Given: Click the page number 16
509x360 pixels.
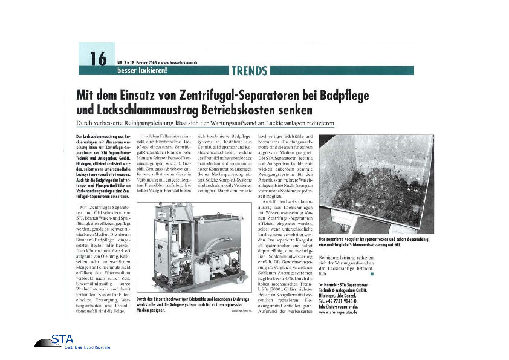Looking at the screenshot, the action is coord(97,59).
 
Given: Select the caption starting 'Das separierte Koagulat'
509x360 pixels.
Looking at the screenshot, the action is coord(375,241).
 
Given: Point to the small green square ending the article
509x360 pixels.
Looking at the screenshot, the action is coord(372,274).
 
